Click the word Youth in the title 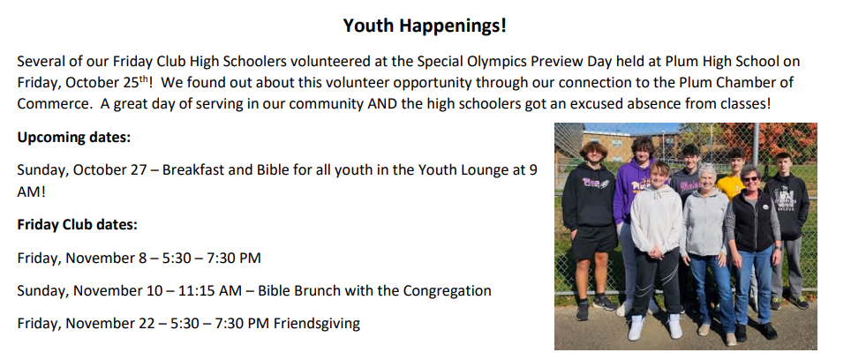pyautogui.click(x=360, y=25)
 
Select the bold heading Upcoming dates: pyautogui.click(x=74, y=138)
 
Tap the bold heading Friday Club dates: pyautogui.click(x=77, y=224)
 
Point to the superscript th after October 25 pyautogui.click(x=144, y=79)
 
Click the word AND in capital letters pyautogui.click(x=382, y=103)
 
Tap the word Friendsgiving pyautogui.click(x=316, y=324)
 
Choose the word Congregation pyautogui.click(x=447, y=291)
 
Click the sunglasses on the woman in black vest pyautogui.click(x=750, y=179)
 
